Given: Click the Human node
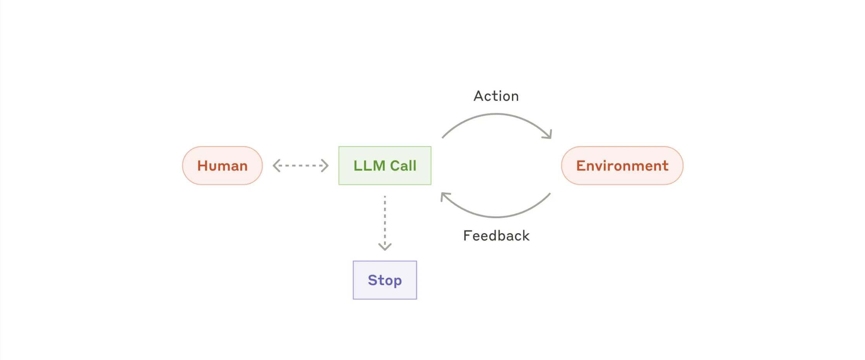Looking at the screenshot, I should click(x=222, y=165).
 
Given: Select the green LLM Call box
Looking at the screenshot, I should click(x=384, y=165).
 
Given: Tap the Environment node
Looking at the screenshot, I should click(x=622, y=165).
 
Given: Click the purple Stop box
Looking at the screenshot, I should click(x=384, y=280).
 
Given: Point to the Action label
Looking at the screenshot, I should click(x=496, y=96).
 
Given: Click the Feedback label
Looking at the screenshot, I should click(x=496, y=236).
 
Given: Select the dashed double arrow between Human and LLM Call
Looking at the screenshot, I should click(x=300, y=165).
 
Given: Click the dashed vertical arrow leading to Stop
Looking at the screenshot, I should click(x=384, y=221).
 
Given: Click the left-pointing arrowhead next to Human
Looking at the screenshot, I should click(x=276, y=165).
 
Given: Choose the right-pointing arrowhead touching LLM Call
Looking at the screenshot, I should click(x=325, y=165).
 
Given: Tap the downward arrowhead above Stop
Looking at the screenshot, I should click(x=384, y=246).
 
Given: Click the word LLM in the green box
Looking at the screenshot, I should click(x=369, y=165).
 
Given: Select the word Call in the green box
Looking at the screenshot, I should click(x=403, y=165).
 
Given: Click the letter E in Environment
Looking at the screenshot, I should click(x=580, y=165).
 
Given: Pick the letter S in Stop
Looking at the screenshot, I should click(x=372, y=280).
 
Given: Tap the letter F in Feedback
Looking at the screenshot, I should click(x=467, y=236).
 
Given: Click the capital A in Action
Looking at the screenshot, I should click(x=479, y=96).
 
